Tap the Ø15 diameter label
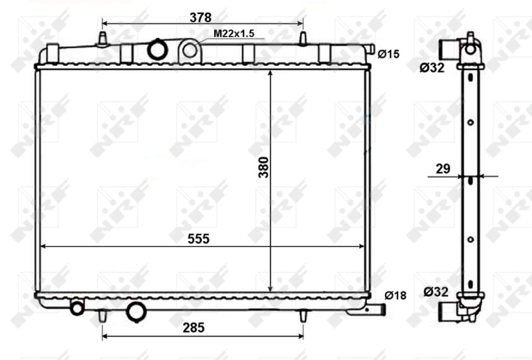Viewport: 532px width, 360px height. coord(388,54)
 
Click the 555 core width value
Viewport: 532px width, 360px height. coord(198,238)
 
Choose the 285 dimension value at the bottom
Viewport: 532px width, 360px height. coord(193,327)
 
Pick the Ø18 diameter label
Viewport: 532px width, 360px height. coord(395,296)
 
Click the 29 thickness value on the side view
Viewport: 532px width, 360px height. coord(440,169)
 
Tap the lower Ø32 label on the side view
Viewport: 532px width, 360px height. coord(436,291)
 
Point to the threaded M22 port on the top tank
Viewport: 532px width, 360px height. coord(190,49)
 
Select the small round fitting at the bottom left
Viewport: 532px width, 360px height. coord(77,307)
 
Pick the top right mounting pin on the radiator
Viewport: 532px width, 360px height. coord(303,39)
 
